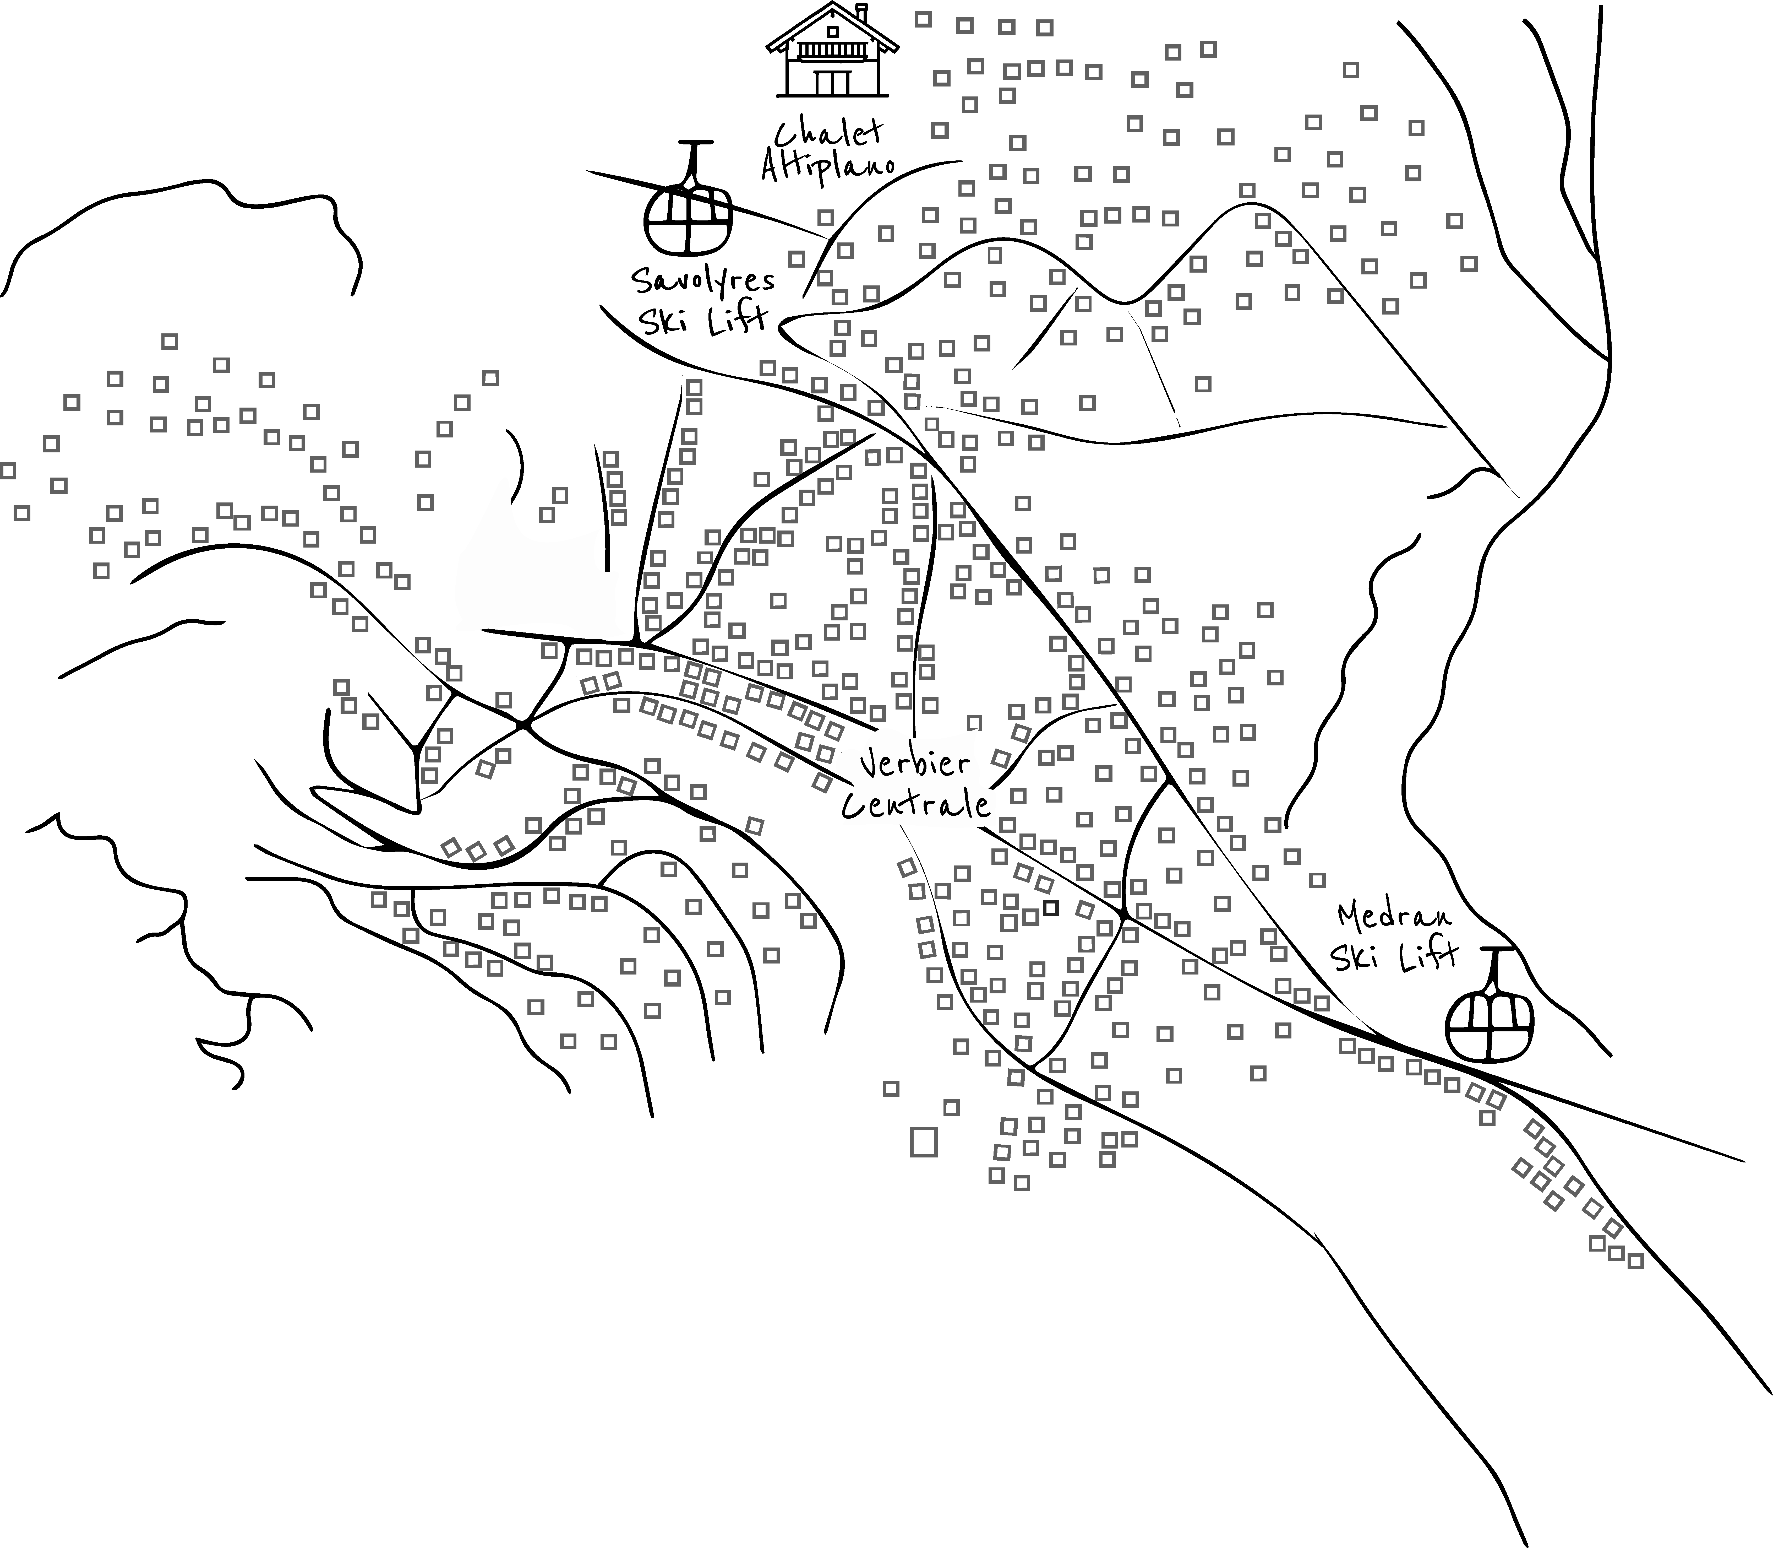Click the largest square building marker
coord(923,1142)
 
